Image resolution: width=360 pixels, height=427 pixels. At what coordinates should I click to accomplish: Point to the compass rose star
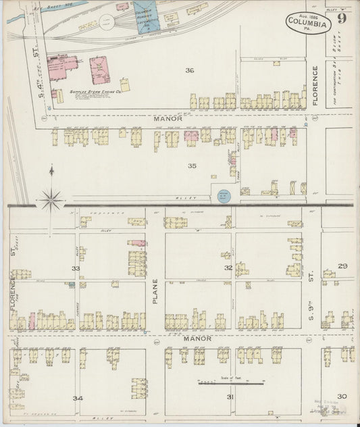(x=51, y=199)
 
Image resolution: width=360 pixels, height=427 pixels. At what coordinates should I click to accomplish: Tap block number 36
(x=190, y=70)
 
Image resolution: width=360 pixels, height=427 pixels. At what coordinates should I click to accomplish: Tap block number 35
(x=192, y=166)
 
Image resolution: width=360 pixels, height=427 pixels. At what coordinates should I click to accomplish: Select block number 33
(x=76, y=268)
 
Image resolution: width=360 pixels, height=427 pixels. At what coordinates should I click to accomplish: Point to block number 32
(x=229, y=268)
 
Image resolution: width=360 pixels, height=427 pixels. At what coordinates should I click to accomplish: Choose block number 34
(x=78, y=398)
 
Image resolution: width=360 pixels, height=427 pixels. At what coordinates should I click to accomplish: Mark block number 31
(x=230, y=397)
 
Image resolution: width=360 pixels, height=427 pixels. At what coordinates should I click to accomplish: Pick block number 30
(x=342, y=396)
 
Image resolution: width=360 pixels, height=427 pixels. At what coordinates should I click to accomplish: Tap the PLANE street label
(x=155, y=291)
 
